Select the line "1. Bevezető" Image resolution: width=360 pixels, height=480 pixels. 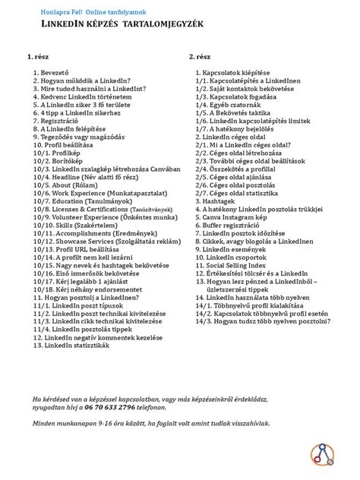click(52, 73)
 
